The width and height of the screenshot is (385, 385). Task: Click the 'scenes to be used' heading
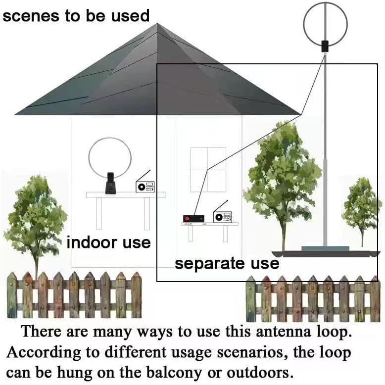coord(76,16)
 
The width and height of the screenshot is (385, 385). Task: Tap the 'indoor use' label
coord(108,242)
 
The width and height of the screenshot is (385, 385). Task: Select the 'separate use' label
coord(227,264)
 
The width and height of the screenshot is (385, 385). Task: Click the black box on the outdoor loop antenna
coord(325,47)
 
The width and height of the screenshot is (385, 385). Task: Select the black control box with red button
coord(193,219)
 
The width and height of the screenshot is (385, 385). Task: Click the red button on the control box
coord(188,219)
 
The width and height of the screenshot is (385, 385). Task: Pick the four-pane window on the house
coord(208,170)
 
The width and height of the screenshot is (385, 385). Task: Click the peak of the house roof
coord(157,23)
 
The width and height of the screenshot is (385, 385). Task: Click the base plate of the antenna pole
coord(325,248)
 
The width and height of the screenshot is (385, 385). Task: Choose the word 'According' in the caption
coord(44,352)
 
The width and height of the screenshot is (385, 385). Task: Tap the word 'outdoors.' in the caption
coord(260,373)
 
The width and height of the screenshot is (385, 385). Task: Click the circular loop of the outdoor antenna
coord(303,24)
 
